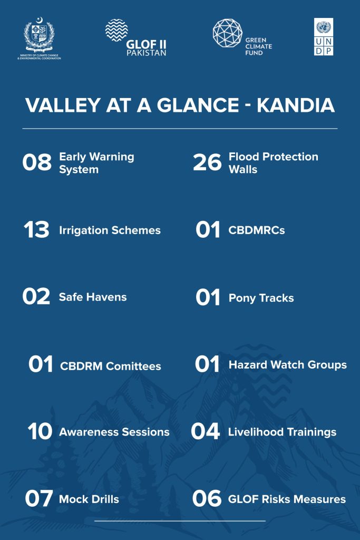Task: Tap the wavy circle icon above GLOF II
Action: [x=116, y=30]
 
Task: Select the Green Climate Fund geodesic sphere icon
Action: [x=228, y=33]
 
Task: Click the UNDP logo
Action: [x=324, y=36]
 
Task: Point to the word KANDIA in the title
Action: [x=296, y=105]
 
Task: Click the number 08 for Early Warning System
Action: [x=37, y=162]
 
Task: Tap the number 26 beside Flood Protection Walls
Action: [x=207, y=162]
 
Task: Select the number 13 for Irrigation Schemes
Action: [x=36, y=230]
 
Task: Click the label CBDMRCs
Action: [x=257, y=230]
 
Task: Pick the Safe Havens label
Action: [x=93, y=297]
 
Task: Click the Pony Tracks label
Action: [x=261, y=298]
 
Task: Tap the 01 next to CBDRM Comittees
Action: [x=41, y=364]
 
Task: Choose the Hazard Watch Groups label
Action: [x=288, y=365]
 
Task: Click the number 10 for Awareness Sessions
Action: [x=40, y=431]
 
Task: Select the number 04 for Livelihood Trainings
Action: [x=205, y=431]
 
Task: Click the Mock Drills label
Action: [x=89, y=499]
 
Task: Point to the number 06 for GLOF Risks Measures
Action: [x=207, y=498]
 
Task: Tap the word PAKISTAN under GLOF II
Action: [x=147, y=53]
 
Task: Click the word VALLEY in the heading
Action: [x=63, y=105]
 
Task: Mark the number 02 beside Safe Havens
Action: [x=36, y=296]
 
